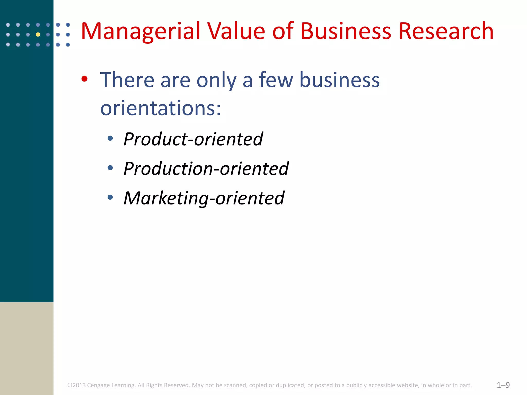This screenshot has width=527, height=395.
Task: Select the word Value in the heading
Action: coord(236,31)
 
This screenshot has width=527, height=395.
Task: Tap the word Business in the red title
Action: coord(346,31)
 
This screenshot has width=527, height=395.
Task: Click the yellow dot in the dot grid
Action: coord(38,34)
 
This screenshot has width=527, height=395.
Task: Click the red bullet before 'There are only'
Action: coord(84,79)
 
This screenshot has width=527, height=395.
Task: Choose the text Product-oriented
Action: coord(193,139)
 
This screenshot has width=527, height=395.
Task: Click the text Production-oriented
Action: coord(206,169)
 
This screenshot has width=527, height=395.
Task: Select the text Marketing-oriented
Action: coord(204,198)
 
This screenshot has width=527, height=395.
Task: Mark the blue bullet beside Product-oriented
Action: coord(110,139)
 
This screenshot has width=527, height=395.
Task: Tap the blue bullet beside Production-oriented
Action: coord(110,168)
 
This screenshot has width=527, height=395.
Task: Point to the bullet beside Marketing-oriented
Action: coord(110,197)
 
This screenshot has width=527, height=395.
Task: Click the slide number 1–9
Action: coord(503,385)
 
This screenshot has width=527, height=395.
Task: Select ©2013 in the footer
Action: coord(76,385)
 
